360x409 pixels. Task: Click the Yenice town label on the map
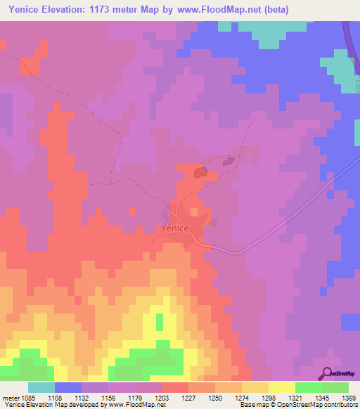[x=173, y=228]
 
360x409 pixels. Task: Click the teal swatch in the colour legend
[x=41, y=387]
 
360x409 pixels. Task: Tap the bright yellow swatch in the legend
[x=281, y=387]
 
